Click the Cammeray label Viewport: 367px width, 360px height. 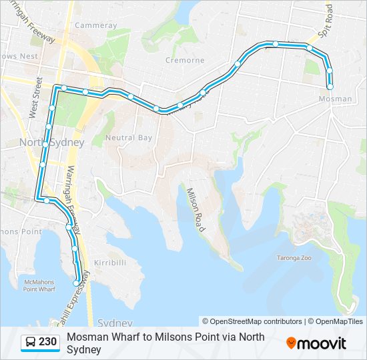pyautogui.click(x=96, y=25)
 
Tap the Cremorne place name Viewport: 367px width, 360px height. pyautogui.click(x=186, y=60)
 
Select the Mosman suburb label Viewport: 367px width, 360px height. pyautogui.click(x=336, y=99)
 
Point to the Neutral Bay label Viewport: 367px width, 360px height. pyautogui.click(x=129, y=138)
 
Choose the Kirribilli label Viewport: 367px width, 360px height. pyautogui.click(x=110, y=262)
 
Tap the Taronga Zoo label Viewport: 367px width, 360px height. pyautogui.click(x=294, y=257)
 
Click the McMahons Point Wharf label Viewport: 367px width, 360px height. pyautogui.click(x=39, y=286)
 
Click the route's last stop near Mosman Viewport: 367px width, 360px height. pyautogui.click(x=330, y=86)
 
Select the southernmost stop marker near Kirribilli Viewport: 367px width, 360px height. pyautogui.click(x=76, y=283)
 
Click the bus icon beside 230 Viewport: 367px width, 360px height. pyautogui.click(x=31, y=343)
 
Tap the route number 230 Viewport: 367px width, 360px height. pyautogui.click(x=48, y=343)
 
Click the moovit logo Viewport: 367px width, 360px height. pyautogui.click(x=316, y=343)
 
